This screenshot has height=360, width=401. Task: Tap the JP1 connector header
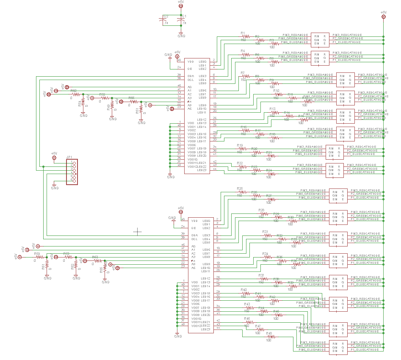72,172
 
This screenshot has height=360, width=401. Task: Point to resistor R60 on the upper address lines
74,94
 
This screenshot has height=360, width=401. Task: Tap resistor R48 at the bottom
269,337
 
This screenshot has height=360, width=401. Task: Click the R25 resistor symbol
240,192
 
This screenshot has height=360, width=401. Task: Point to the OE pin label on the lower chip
194,228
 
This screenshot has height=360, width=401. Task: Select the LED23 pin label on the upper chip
202,170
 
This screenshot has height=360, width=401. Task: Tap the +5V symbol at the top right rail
383,14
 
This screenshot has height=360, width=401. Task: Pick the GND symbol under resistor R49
113,119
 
